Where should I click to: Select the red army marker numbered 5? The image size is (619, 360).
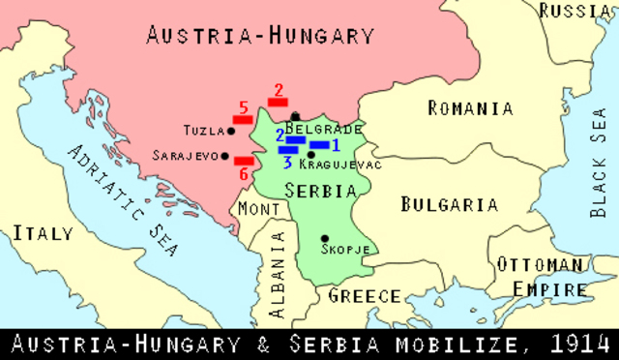243,119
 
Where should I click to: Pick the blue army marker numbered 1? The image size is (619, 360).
320,145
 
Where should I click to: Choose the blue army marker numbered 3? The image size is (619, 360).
288,150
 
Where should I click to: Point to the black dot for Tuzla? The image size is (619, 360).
231,131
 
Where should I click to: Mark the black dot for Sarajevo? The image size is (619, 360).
224,156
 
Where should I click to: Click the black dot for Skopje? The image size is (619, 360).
324,238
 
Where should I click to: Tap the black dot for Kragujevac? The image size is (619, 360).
311,155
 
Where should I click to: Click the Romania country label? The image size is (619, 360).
470,108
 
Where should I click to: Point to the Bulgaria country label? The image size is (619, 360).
450,205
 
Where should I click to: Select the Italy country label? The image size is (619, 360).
44,234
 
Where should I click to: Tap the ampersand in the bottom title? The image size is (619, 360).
273,345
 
